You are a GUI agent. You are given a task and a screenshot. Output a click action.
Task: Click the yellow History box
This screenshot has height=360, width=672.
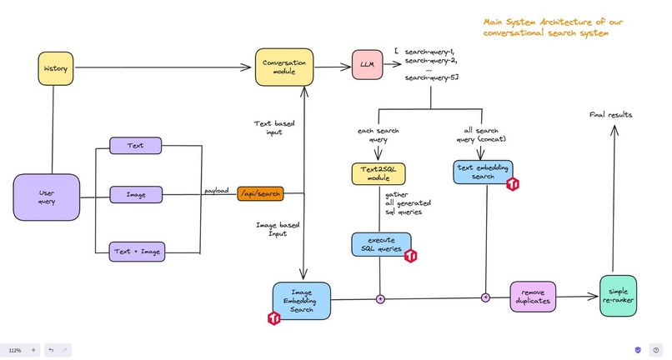coord(55,67)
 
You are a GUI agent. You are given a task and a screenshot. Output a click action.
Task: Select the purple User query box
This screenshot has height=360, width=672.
coord(47,197)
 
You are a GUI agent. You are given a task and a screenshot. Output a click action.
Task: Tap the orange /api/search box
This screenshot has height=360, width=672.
coord(260,193)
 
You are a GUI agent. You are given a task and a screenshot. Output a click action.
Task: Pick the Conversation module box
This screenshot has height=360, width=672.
coord(284,67)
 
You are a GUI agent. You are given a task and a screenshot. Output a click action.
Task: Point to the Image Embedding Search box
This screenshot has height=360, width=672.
coord(301,299)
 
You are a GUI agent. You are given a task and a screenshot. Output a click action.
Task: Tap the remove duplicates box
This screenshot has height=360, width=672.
coord(533,296)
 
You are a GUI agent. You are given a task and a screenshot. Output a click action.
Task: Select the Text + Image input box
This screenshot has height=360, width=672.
coord(138,249)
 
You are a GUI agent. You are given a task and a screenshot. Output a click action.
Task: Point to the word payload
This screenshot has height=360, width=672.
coord(218,191)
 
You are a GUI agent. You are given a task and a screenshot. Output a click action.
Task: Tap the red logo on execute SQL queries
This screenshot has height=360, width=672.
coord(410,256)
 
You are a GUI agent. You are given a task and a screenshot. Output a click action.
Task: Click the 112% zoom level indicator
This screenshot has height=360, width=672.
coord(14,350)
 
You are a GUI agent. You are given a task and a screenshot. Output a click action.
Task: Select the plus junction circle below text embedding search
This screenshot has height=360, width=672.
coord(485,297)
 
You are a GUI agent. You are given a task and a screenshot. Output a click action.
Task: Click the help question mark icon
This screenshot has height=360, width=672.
coord(655,350)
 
